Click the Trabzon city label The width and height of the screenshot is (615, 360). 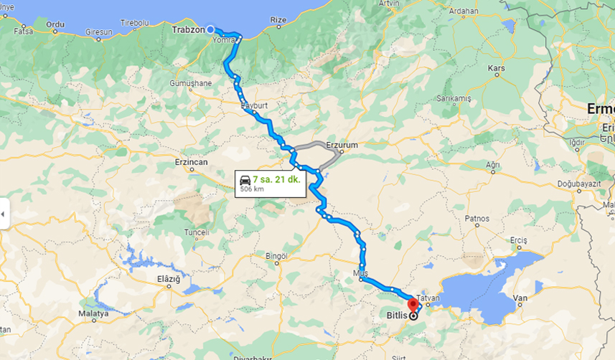pyautogui.click(x=187, y=30)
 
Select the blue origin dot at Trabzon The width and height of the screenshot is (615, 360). pyautogui.click(x=210, y=30)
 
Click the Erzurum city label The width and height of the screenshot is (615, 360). pyautogui.click(x=342, y=145)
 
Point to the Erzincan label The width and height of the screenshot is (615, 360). pyautogui.click(x=191, y=162)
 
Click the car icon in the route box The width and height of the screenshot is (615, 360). pyautogui.click(x=245, y=179)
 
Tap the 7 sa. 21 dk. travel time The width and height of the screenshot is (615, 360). pyautogui.click(x=276, y=179)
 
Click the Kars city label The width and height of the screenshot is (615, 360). pyautogui.click(x=496, y=69)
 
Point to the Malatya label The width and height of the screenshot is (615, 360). pyautogui.click(x=94, y=313)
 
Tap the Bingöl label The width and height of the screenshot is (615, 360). pyautogui.click(x=276, y=256)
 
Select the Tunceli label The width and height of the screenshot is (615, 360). pyautogui.click(x=197, y=232)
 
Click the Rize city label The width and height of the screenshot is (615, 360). pyautogui.click(x=278, y=19)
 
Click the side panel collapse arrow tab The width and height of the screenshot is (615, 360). pyautogui.click(x=4, y=214)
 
